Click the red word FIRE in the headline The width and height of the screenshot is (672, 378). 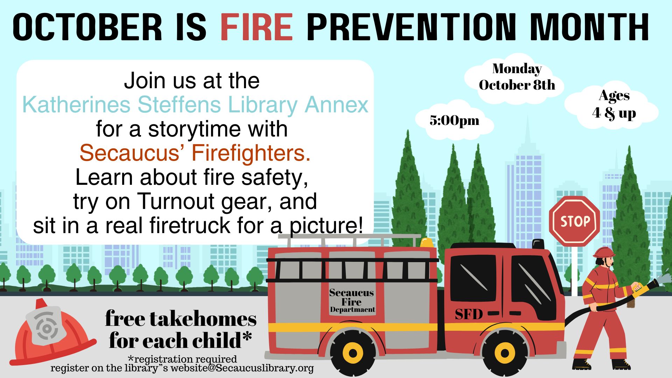pyautogui.click(x=257, y=27)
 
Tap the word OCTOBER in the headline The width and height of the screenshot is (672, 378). pyautogui.click(x=87, y=27)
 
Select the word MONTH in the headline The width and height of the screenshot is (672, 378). pyautogui.click(x=589, y=27)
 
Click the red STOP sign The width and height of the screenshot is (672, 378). pyautogui.click(x=575, y=220)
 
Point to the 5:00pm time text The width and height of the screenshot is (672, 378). pyautogui.click(x=454, y=120)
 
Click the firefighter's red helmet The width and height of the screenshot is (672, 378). pyautogui.click(x=604, y=252)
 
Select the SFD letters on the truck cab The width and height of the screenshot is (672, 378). pyautogui.click(x=469, y=314)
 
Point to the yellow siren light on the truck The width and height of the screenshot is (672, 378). pyautogui.click(x=427, y=242)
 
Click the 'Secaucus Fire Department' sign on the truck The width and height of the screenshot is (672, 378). pyautogui.click(x=352, y=301)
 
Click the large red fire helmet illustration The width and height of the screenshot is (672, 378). pyautogui.click(x=52, y=332)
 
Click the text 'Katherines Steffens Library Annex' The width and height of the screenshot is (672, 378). pyautogui.click(x=195, y=104)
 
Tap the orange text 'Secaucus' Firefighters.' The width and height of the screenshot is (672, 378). pyautogui.click(x=195, y=153)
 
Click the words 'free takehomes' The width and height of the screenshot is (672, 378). pyautogui.click(x=181, y=318)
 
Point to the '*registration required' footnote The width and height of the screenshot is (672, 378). pyautogui.click(x=182, y=359)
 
